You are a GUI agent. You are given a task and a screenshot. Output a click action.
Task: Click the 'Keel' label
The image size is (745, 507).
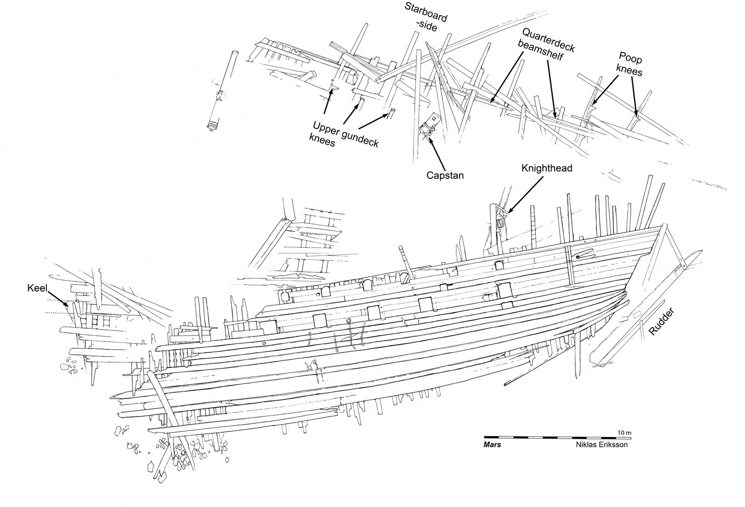[x=37, y=288]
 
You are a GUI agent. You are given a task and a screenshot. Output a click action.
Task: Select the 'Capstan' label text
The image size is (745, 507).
[x=445, y=175]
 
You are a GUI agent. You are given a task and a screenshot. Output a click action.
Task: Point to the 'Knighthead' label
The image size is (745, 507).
[x=547, y=168]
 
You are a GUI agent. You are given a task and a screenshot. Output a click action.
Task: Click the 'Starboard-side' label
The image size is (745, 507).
[x=426, y=17]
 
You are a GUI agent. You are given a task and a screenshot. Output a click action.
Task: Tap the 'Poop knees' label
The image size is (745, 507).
[x=629, y=64]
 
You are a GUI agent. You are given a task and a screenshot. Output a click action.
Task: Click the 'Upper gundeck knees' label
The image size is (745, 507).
[x=343, y=134]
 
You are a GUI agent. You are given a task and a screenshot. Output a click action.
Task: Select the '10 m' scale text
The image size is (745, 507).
[x=624, y=433]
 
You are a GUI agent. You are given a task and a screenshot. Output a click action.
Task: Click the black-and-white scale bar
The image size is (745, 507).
[x=558, y=437]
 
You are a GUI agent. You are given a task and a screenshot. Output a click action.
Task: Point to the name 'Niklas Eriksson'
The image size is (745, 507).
[x=602, y=445]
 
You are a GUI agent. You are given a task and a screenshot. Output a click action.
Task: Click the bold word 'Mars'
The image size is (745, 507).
[x=492, y=445]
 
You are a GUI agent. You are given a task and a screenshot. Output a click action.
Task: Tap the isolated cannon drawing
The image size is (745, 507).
[x=222, y=91]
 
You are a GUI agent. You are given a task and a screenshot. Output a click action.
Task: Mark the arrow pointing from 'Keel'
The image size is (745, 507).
[x=59, y=299]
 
